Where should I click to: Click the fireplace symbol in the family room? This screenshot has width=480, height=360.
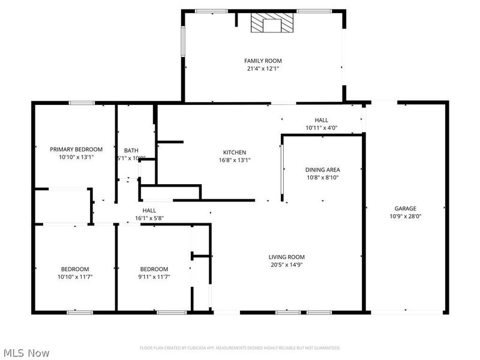click(x=273, y=24)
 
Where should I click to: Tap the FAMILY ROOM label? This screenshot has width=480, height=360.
click(x=263, y=61)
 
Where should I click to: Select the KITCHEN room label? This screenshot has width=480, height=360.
click(x=235, y=152)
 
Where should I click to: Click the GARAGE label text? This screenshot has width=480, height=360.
click(x=405, y=208)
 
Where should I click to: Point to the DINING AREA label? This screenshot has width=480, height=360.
click(x=323, y=170)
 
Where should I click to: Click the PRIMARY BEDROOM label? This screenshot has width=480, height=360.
click(x=76, y=149)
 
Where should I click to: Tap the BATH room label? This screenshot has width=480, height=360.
click(x=131, y=151)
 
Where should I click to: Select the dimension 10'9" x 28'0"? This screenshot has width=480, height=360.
click(x=405, y=216)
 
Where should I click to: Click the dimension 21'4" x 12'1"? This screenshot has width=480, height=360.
click(x=263, y=68)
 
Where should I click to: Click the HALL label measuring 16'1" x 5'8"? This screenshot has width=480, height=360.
click(x=149, y=210)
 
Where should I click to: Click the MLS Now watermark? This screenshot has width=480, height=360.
click(x=25, y=353)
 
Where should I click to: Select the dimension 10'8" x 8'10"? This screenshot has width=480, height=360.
click(x=323, y=178)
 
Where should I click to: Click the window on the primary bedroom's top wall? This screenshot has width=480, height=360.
click(x=82, y=103)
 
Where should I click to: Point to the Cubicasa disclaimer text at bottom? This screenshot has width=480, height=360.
click(x=240, y=347)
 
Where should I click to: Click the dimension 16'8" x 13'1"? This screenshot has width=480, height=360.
click(x=235, y=160)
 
